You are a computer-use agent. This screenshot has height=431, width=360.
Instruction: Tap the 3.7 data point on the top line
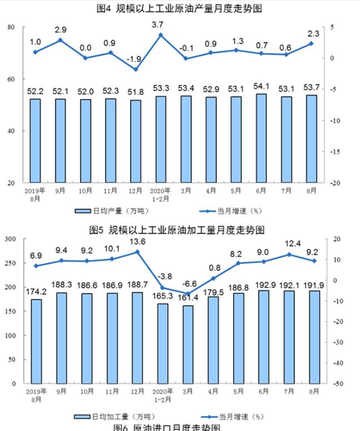click(160, 35)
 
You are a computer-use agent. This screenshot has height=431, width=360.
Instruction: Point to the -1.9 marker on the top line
click(136, 70)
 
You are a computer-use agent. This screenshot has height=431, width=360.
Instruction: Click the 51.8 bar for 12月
click(136, 141)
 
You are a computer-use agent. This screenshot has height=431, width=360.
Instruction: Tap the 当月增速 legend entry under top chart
click(232, 211)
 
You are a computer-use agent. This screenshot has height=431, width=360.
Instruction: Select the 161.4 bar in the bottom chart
click(188, 344)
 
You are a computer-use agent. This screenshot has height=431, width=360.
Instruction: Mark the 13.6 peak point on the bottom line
click(136, 252)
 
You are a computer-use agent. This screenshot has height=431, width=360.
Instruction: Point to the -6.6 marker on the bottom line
click(188, 294)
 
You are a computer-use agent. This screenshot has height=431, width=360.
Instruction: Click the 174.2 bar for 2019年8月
click(36, 341)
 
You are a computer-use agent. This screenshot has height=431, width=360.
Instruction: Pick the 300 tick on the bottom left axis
click(10, 239)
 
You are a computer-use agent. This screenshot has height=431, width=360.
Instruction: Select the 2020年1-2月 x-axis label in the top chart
click(160, 194)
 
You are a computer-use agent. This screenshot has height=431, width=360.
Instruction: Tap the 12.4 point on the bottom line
click(287, 255)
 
